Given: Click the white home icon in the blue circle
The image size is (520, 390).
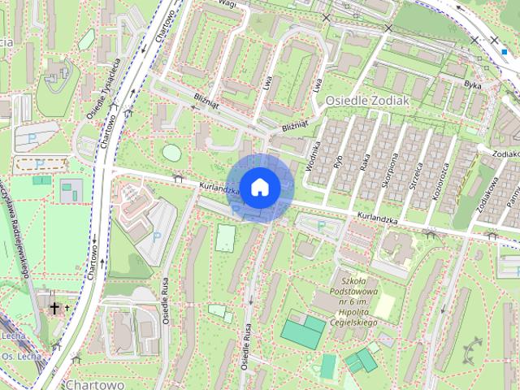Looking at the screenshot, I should coord(259,187).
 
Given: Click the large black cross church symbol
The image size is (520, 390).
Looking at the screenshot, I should coord(55,308).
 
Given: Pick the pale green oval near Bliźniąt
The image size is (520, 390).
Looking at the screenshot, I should coord(171,152).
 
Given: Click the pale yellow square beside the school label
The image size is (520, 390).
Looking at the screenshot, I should coord(383,306).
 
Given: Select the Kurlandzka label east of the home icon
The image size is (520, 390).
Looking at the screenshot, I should coord(376,219).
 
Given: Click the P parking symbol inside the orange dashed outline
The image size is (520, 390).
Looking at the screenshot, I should coord(40,164).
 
